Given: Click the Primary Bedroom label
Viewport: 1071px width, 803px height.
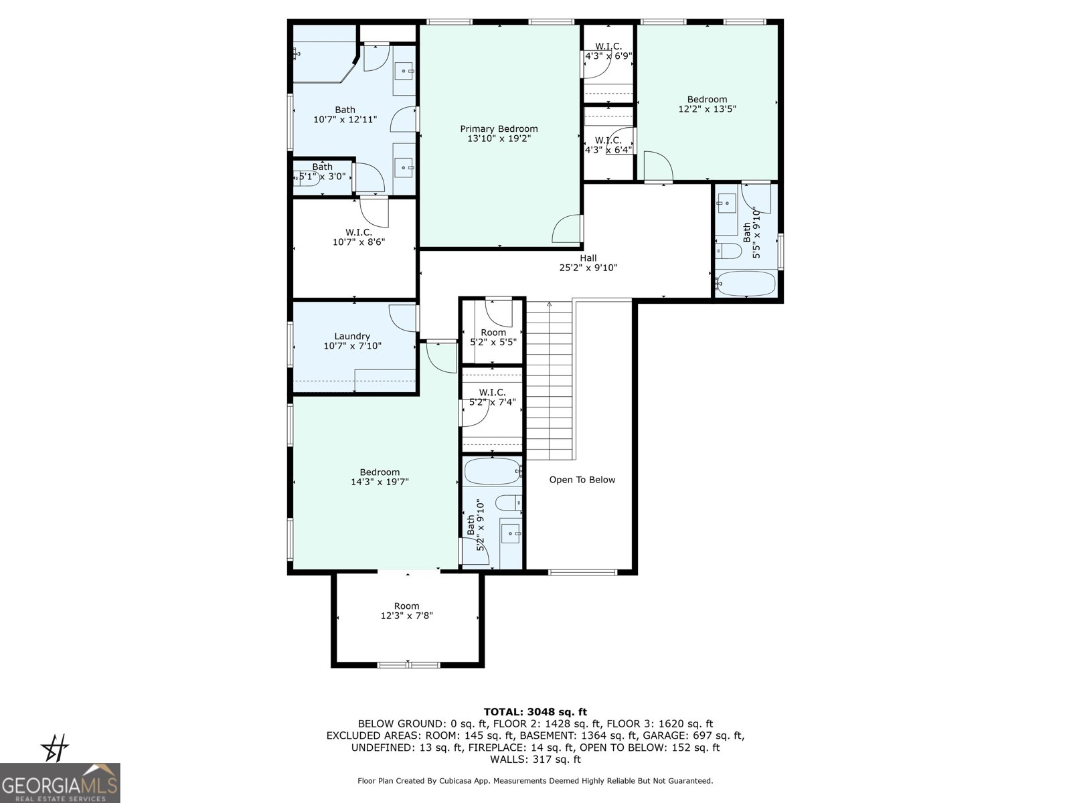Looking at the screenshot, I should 499,129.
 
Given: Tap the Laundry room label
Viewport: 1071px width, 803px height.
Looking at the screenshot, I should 352,337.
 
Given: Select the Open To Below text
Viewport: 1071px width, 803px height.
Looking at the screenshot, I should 582,480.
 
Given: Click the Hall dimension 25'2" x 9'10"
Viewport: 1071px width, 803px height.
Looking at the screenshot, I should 588,268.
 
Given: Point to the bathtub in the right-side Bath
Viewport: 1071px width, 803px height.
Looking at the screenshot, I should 746,284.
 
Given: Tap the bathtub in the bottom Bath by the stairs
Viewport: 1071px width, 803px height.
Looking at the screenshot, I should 492,472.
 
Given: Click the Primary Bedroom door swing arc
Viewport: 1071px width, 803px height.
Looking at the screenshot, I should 566,229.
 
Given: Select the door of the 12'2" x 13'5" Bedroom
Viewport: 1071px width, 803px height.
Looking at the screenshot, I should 657,167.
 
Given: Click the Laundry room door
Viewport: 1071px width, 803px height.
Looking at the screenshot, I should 403,317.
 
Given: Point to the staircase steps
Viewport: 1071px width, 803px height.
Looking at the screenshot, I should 550,381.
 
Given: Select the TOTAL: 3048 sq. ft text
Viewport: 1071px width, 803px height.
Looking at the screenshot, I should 535,712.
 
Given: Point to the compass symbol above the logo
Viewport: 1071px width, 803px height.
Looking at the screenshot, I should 56,748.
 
